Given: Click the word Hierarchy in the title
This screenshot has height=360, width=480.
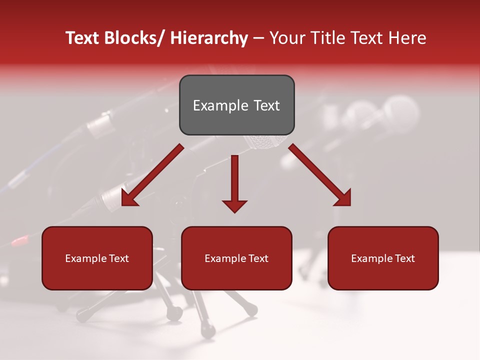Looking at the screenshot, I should [209, 38].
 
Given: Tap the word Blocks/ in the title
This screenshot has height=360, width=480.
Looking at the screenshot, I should [133, 38].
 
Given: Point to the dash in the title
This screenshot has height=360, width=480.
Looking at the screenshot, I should [258, 38].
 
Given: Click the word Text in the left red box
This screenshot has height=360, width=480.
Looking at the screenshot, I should [118, 258].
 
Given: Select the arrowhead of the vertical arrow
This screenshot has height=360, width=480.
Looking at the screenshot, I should [234, 205].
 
